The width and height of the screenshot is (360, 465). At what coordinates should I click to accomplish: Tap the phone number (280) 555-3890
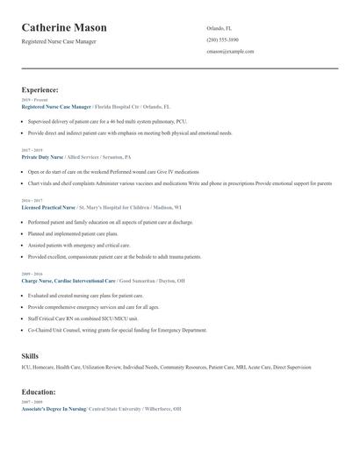[222, 39]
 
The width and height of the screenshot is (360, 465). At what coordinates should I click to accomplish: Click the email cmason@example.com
[230, 52]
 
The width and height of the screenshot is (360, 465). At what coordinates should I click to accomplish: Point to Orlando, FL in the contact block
[219, 28]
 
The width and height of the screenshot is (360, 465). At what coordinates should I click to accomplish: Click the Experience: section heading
[40, 89]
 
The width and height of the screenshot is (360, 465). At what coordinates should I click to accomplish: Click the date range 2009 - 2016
[31, 274]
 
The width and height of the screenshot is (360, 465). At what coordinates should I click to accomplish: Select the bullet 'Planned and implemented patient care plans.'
[73, 234]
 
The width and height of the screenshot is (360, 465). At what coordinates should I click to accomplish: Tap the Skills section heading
[30, 355]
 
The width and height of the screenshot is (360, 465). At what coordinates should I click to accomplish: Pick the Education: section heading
[39, 391]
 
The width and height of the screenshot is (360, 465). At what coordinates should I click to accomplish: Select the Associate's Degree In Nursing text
[54, 409]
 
